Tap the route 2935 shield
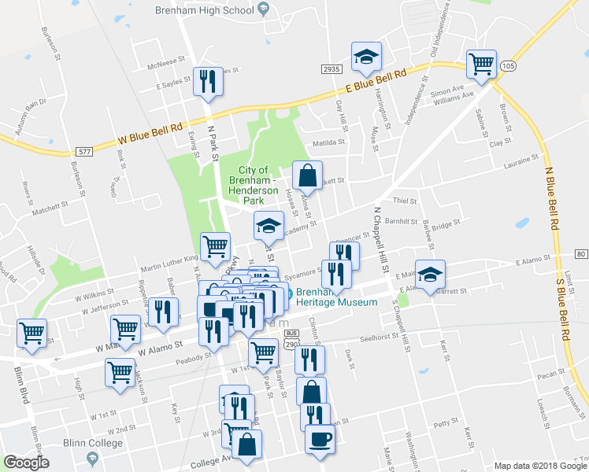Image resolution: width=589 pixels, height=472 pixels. [331, 69]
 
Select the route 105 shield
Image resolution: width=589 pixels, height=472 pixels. [505, 67]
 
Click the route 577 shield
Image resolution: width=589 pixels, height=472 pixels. [83, 149]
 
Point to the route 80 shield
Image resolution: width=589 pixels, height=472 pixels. [580, 253]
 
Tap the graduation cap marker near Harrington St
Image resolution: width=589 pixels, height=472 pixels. [366, 57]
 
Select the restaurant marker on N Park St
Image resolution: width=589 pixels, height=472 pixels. [208, 82]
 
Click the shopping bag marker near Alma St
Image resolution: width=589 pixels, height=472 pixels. [308, 175]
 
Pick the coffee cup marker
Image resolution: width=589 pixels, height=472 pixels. [320, 439]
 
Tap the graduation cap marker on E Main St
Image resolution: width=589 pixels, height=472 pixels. [430, 275]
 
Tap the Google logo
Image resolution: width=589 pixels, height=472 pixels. [26, 463]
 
